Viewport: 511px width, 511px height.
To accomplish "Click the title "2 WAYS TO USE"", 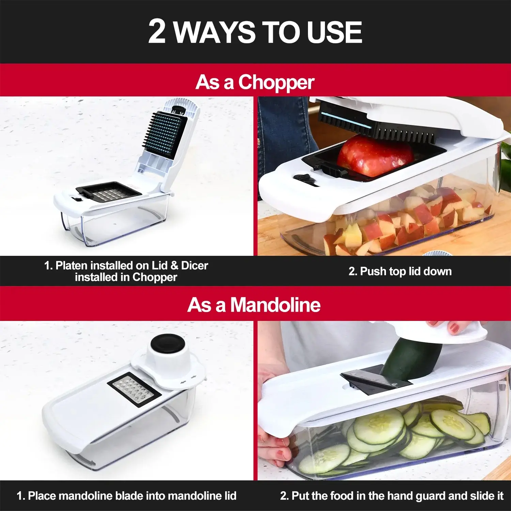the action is [255, 32].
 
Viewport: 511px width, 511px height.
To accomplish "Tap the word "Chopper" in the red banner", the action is [276, 83].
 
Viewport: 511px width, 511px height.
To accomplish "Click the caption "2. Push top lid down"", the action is [400, 271].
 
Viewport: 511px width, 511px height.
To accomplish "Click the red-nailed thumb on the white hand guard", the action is [455, 327].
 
